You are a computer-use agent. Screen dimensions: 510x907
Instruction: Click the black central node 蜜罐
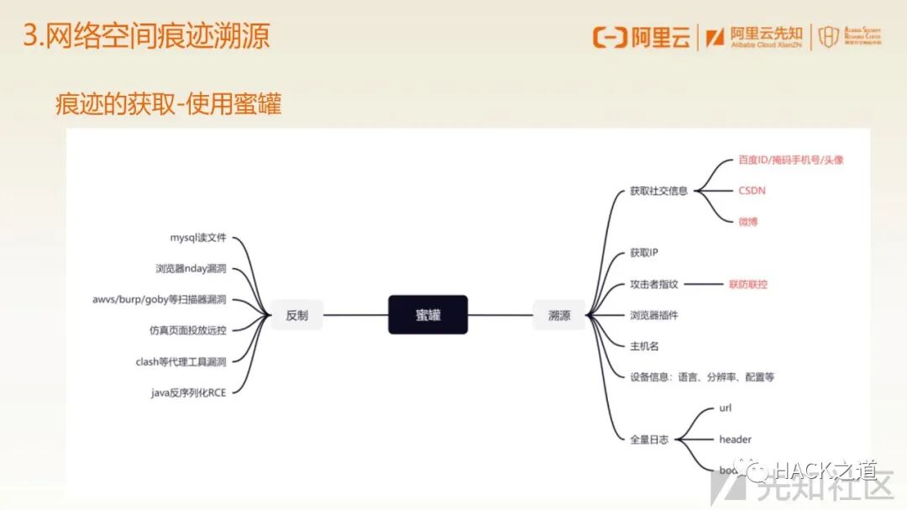427,315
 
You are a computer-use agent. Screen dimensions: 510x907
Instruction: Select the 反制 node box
297,315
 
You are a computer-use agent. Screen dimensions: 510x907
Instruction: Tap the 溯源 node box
559,316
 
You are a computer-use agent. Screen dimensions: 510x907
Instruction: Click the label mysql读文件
198,238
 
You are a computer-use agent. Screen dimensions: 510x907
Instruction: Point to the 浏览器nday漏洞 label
191,269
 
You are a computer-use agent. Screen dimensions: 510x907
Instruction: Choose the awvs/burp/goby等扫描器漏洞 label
160,299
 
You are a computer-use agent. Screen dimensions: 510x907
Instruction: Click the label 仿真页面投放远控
187,330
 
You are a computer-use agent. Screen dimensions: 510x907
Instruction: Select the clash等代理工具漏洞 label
181,361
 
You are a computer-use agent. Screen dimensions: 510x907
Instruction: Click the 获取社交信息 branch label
658,191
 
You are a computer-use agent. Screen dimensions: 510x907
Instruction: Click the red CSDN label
752,191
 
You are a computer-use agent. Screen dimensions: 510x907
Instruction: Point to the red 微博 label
748,222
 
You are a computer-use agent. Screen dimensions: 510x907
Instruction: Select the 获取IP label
644,253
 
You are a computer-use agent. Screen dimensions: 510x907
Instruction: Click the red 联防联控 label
747,284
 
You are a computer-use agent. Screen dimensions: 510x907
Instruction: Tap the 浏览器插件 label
653,315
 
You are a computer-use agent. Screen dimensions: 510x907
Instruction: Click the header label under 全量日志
735,439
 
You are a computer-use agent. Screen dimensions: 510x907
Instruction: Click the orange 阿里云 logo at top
642,37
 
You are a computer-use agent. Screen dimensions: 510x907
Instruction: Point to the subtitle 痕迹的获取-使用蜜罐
168,104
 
